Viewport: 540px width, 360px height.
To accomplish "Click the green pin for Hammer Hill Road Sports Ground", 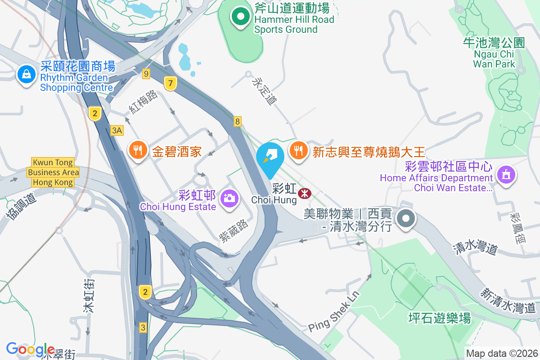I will tap(241, 17).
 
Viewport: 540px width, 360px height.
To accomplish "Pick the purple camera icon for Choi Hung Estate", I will tap(229, 198).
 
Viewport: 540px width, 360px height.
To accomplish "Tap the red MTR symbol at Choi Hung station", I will tap(305, 193).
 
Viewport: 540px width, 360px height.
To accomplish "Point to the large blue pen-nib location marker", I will tap(270, 159).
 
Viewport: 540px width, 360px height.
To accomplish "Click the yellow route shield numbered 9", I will tap(145, 73).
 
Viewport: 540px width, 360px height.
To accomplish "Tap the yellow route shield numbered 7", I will tap(170, 83).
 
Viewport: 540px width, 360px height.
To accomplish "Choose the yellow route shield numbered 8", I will tap(237, 121).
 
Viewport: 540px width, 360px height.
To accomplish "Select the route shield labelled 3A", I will tap(117, 130).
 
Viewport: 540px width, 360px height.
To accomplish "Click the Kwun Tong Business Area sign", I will tap(53, 172).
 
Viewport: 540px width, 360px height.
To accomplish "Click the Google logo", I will tap(30, 349).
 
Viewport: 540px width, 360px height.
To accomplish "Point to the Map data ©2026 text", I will tap(501, 353).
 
